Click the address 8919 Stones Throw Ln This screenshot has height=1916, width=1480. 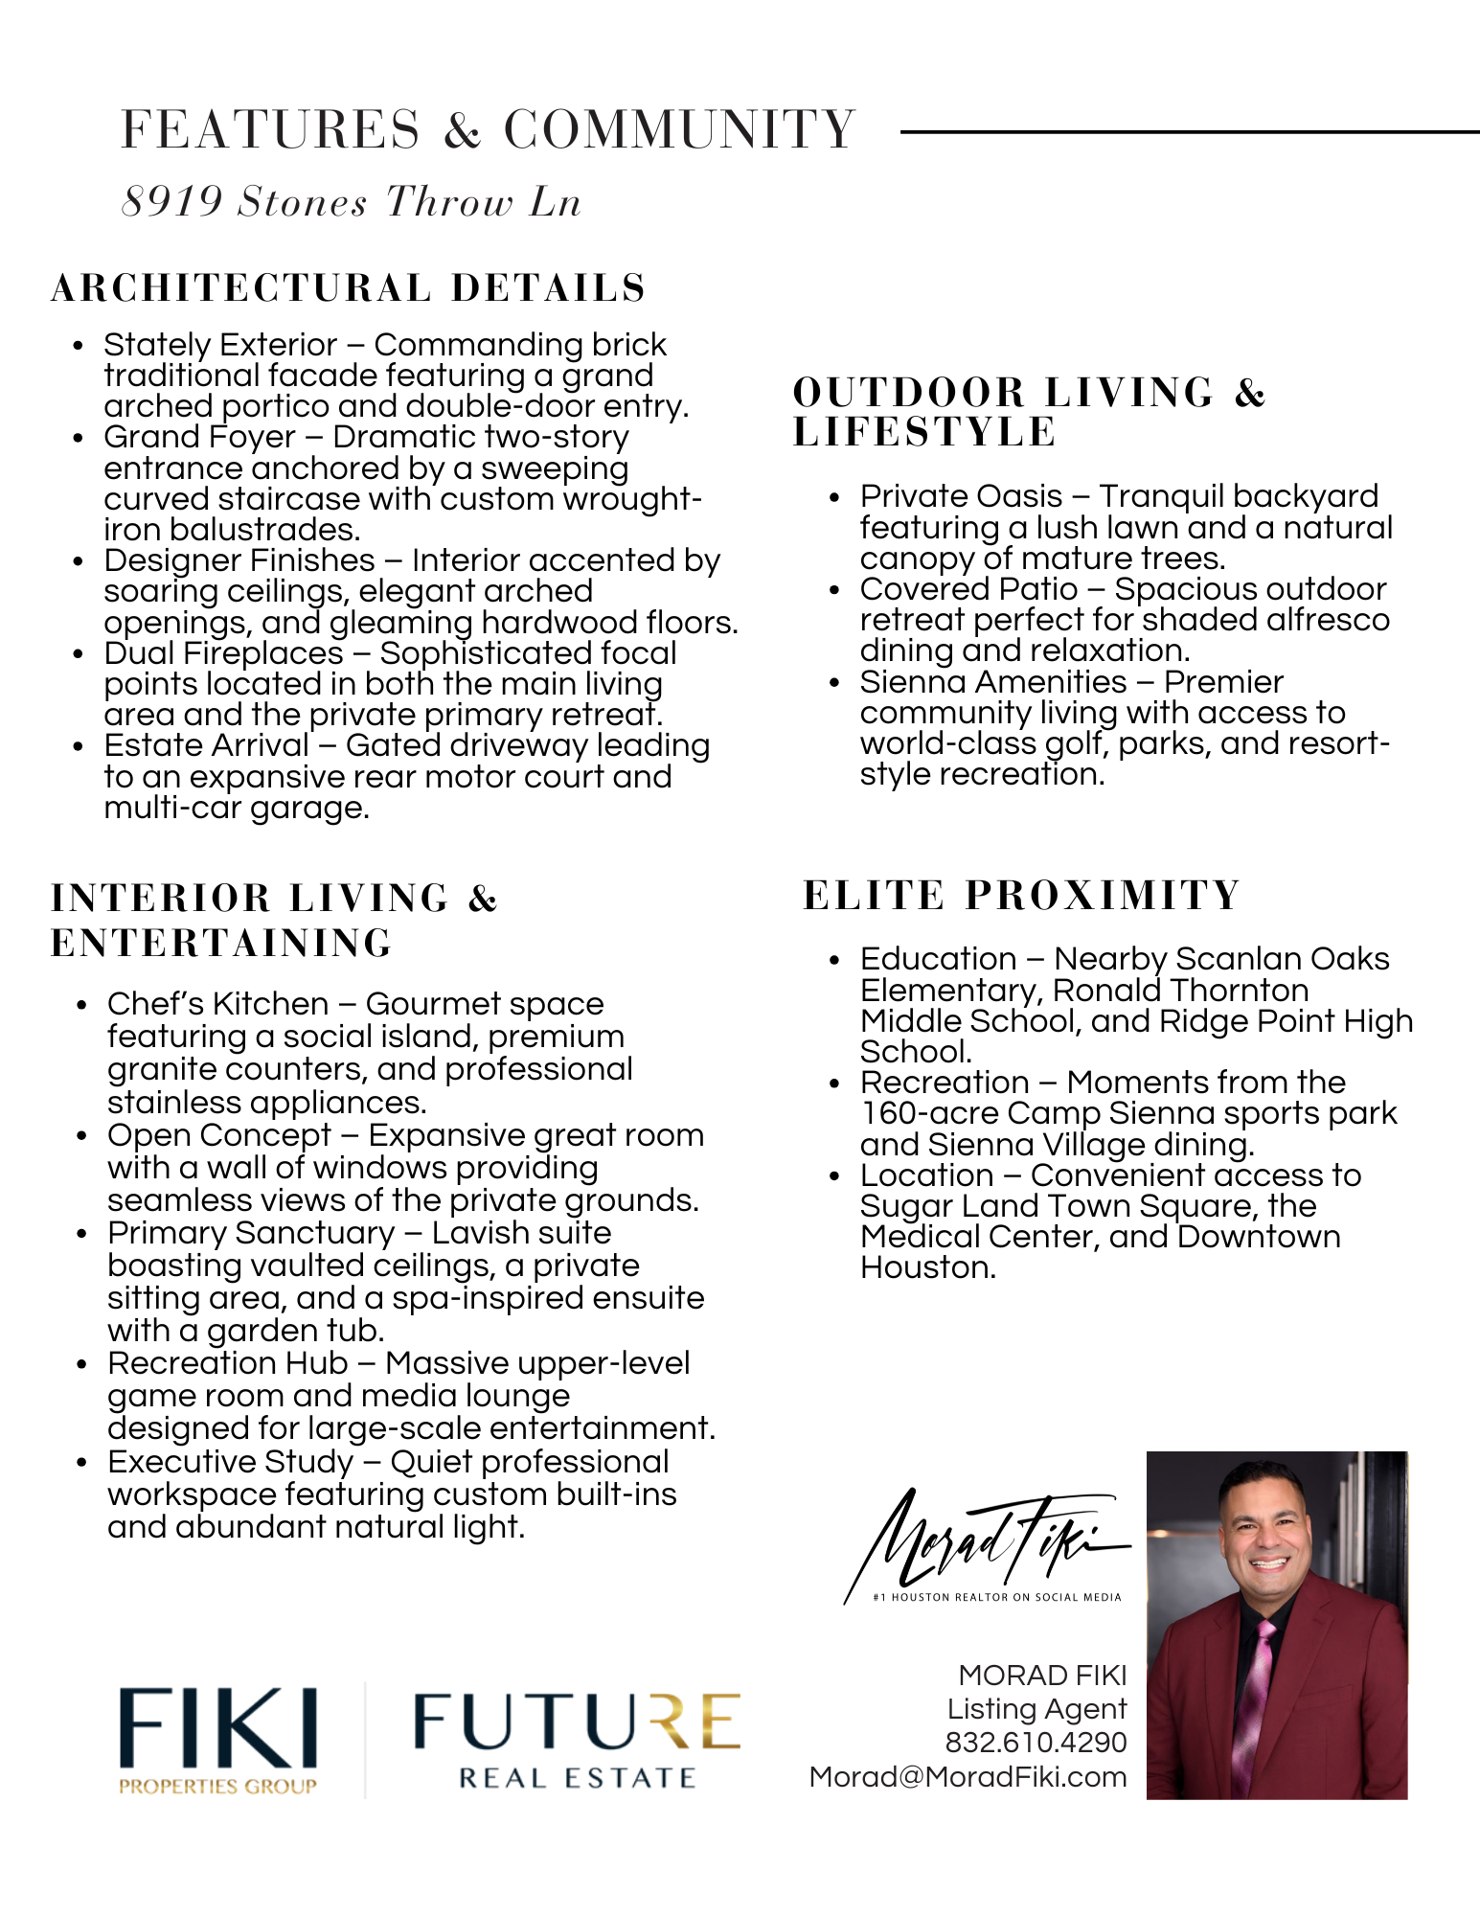click(351, 202)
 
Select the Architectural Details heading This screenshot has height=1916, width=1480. click(349, 288)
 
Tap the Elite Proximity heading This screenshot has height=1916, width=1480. click(1021, 896)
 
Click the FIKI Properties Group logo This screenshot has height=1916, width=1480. click(218, 1740)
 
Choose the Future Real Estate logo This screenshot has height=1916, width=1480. click(577, 1740)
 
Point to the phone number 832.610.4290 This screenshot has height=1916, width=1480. click(1036, 1743)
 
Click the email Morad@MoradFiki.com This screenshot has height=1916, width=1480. click(968, 1777)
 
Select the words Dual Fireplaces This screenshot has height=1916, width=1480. click(223, 653)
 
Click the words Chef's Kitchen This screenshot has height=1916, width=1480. click(218, 1004)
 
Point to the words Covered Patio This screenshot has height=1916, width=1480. click(968, 589)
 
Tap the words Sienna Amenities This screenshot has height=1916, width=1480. click(993, 682)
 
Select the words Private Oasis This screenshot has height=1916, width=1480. click(961, 496)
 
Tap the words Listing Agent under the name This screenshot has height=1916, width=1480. click(1036, 1709)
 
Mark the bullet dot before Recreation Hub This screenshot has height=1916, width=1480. click(82, 1364)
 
